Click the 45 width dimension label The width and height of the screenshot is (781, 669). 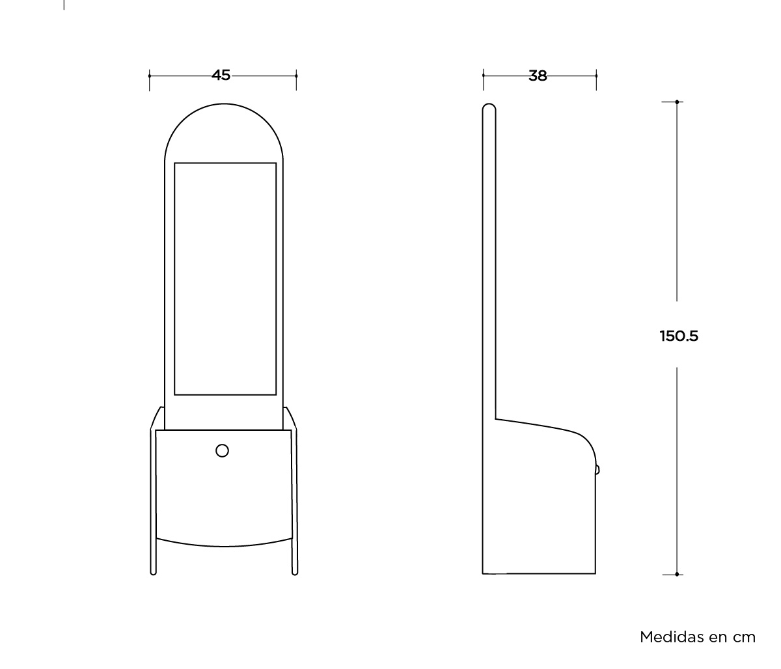[x=221, y=75]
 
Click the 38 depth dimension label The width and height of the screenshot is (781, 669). [x=538, y=76]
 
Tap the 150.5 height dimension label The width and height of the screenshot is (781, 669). [x=679, y=336]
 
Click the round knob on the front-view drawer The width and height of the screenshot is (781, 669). [x=222, y=450]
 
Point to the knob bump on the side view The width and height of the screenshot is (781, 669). [x=597, y=470]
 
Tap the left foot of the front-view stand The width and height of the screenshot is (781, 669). [x=154, y=572]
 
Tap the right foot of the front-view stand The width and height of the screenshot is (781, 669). [x=295, y=572]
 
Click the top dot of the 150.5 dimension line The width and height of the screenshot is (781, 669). [x=677, y=102]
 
